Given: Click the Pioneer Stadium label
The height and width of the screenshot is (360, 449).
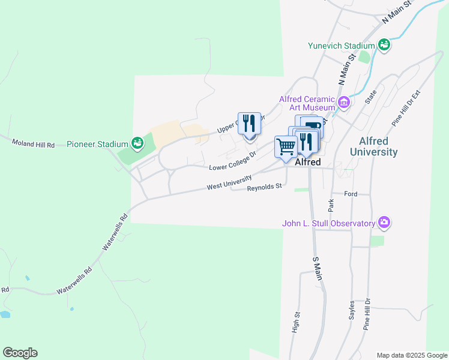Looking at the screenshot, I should click(x=97, y=144).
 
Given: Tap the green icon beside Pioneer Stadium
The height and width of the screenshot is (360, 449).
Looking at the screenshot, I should click(x=138, y=143).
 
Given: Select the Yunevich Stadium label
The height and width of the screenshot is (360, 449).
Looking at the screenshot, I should click(x=341, y=46).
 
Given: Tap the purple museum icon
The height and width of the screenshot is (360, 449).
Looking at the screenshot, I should click(x=344, y=103).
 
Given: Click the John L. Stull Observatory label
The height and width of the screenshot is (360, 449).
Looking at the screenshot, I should click(x=328, y=224).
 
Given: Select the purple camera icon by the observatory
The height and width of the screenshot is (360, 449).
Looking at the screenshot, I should click(x=384, y=223).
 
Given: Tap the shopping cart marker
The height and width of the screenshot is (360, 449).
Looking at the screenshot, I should click(x=286, y=146).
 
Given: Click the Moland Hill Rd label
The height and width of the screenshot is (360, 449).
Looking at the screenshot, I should click(x=34, y=144).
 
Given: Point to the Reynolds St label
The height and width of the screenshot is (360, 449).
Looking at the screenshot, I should click(x=264, y=187).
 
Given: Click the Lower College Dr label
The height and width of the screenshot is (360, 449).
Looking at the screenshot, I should click(x=232, y=160).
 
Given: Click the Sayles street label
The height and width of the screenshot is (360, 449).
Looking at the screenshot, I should click(x=352, y=310).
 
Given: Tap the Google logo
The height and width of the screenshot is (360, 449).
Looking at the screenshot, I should click(x=20, y=353).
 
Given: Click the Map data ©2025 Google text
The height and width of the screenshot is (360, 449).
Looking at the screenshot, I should click(x=411, y=355).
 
